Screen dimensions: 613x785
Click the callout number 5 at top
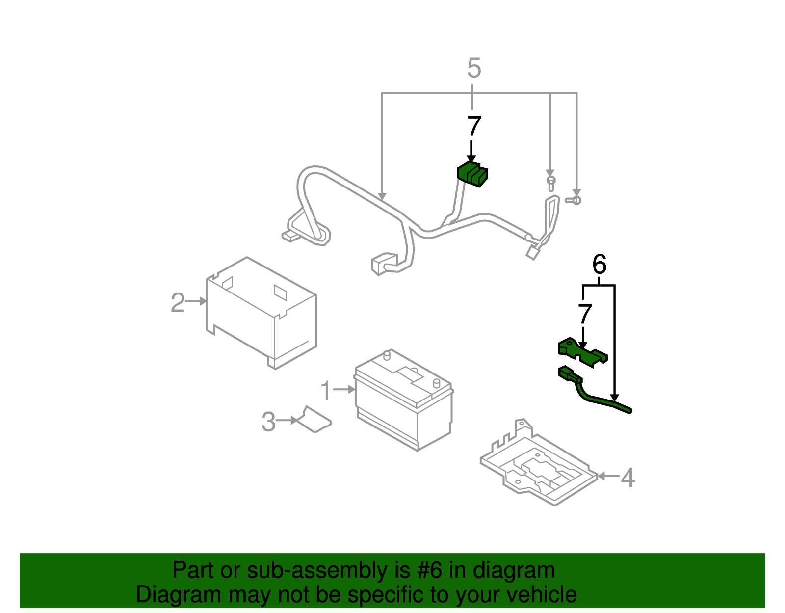tap(474, 68)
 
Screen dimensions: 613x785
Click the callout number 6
tap(599, 265)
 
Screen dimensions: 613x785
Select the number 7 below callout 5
tap(474, 127)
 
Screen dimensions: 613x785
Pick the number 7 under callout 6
tap(585, 314)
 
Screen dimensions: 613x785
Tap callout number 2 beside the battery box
tap(178, 302)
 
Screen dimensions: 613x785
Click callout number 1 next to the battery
tap(326, 391)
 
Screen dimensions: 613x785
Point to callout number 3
tap(268, 422)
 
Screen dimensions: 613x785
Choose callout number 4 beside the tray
tap(628, 478)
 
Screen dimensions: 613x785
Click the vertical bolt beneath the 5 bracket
tap(550, 183)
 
